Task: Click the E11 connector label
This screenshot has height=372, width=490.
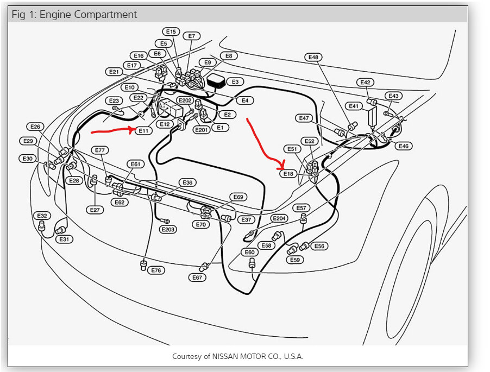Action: (x=143, y=131)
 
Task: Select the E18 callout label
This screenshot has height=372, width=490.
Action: (x=288, y=174)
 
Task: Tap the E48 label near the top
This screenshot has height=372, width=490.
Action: (x=313, y=57)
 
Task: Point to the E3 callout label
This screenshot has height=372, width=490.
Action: (x=235, y=82)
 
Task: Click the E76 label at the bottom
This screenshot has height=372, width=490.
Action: (x=156, y=270)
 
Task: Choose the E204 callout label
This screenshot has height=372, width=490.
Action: (x=279, y=218)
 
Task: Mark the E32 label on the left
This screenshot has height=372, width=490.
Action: (x=43, y=216)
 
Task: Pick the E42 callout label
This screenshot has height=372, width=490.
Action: (x=365, y=83)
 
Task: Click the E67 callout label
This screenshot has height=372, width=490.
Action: (x=197, y=278)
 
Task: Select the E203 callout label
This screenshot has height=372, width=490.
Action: (x=168, y=230)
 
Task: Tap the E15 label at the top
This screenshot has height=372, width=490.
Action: (x=171, y=32)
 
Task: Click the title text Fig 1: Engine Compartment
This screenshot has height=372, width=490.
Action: (x=74, y=14)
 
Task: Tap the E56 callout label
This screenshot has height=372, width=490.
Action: (x=319, y=246)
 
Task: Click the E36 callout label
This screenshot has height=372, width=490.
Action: (x=187, y=182)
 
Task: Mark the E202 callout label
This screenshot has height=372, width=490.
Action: (x=185, y=100)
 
